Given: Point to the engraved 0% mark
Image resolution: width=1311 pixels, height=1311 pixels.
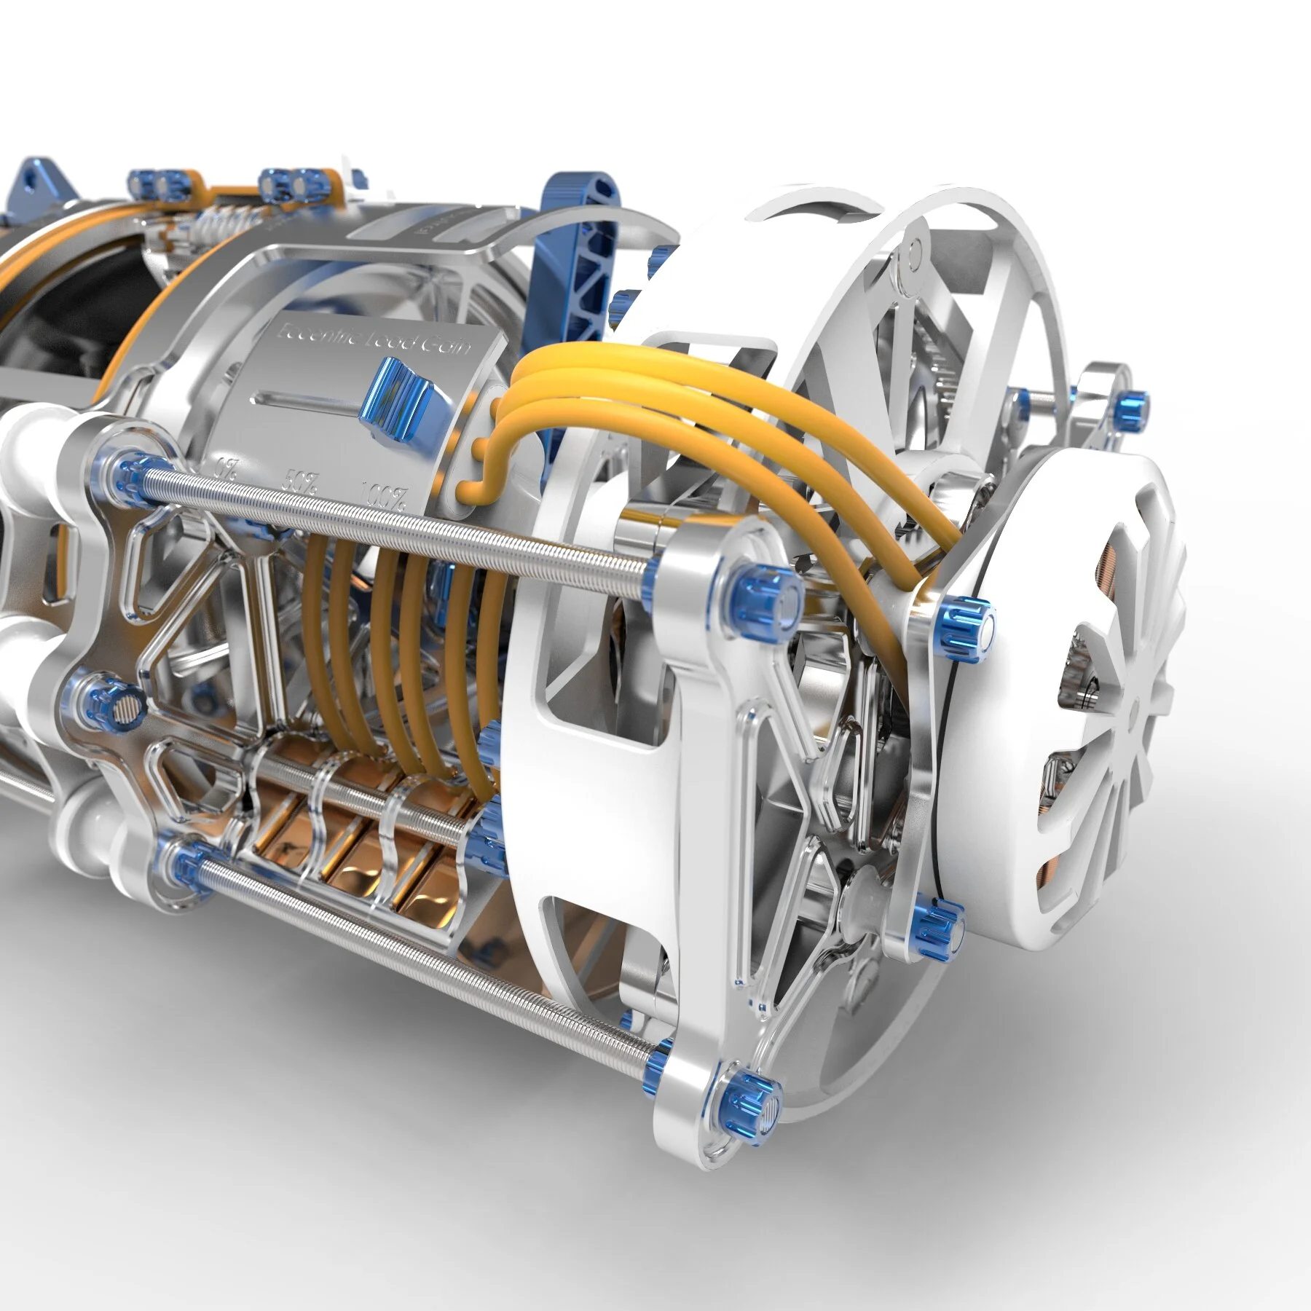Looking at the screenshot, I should (228, 466).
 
